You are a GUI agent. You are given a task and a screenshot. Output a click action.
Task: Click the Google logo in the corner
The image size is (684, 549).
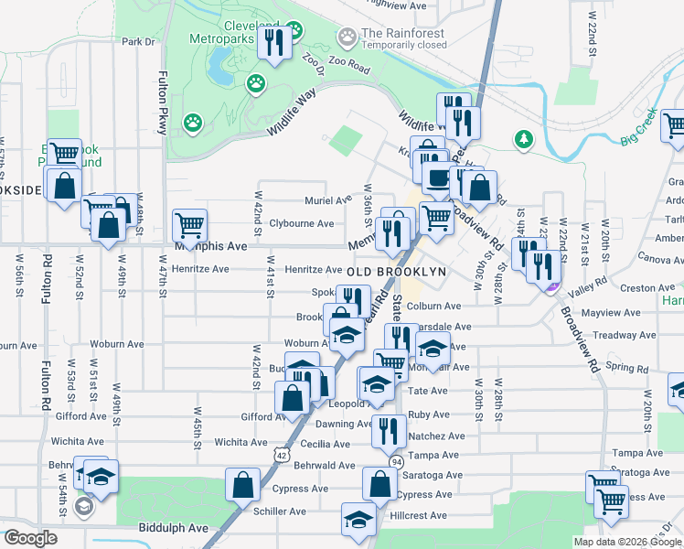[x=30, y=538]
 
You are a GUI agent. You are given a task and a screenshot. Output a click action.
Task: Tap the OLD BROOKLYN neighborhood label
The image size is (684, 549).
[x=396, y=272]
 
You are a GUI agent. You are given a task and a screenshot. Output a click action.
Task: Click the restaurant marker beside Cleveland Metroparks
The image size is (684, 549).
[x=274, y=42]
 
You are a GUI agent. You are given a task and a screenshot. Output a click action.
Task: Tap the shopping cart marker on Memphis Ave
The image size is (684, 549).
[x=189, y=225]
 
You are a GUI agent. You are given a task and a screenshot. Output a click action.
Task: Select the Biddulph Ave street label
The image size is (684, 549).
[x=174, y=528]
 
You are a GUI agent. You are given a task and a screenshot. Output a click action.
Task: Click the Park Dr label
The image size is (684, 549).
[x=139, y=41]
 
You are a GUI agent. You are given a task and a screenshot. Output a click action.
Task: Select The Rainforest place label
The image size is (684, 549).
[x=403, y=34]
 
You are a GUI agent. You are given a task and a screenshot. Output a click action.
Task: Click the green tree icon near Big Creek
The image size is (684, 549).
[x=523, y=139]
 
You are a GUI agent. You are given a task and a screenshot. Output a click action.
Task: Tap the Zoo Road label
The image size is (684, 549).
[x=345, y=69]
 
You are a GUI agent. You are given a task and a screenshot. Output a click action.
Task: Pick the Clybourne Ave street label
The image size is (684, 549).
[x=305, y=223]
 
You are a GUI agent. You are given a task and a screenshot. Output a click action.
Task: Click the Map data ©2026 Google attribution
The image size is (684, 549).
[x=626, y=542]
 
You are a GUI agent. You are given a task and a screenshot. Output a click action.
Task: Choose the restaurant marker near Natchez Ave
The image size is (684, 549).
[x=388, y=430]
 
